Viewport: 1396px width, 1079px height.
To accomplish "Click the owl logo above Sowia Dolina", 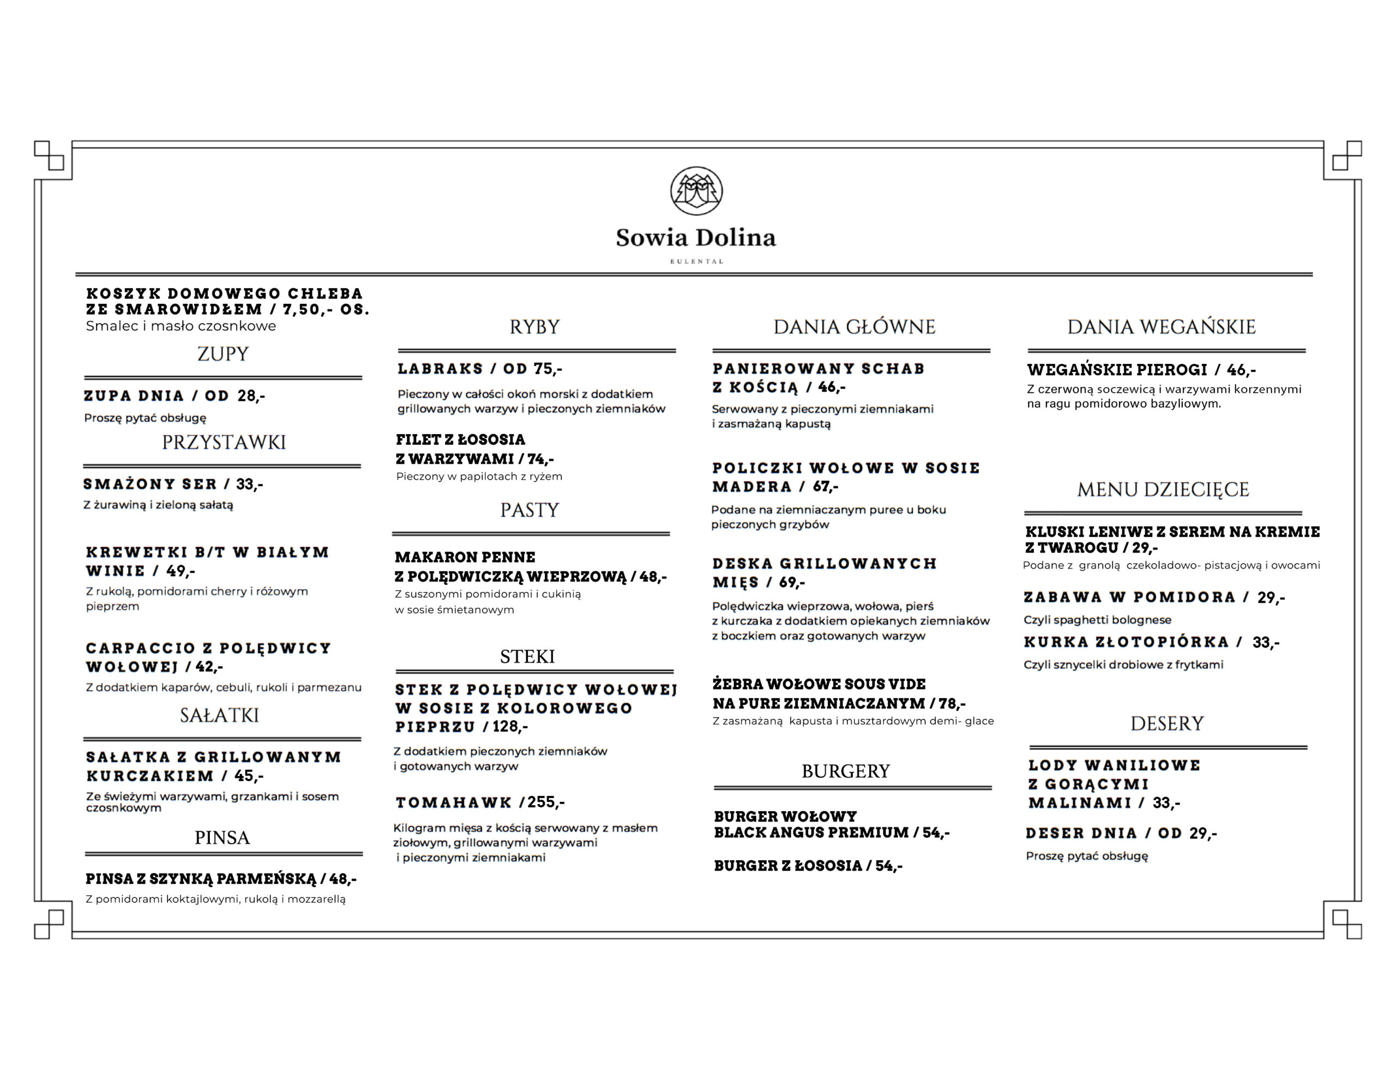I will (x=696, y=190).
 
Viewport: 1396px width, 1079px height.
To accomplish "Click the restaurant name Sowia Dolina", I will (x=695, y=238).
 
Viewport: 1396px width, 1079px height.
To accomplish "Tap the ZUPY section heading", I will (x=222, y=353).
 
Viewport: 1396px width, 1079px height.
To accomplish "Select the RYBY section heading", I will (x=534, y=327).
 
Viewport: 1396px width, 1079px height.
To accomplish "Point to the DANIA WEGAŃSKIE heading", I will (x=1161, y=327).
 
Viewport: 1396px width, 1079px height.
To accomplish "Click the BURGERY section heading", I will (x=845, y=771).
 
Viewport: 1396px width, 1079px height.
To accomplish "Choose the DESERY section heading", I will (x=1166, y=723).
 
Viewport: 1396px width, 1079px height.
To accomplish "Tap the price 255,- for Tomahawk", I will (x=546, y=802).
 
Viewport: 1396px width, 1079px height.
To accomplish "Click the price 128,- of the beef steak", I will (x=509, y=727).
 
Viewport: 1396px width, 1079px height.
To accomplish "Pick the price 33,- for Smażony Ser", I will (x=249, y=484).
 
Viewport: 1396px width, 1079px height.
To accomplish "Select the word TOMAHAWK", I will (x=453, y=802).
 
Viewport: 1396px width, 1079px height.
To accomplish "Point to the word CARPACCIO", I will (x=140, y=648).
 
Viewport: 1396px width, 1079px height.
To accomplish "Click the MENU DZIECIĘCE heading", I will (x=1163, y=490).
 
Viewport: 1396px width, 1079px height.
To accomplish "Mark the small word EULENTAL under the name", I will (x=696, y=262).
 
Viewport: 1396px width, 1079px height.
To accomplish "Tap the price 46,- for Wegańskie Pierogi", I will (x=1241, y=370).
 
